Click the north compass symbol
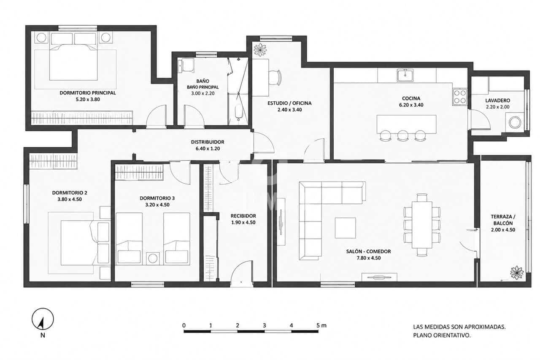point(43,319)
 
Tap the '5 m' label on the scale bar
point(321,325)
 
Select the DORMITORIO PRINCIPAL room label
point(88,93)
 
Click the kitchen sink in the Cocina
point(405,75)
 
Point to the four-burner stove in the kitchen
point(459,97)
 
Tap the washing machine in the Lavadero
point(515,122)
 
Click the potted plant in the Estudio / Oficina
point(260,49)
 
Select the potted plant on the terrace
point(517,273)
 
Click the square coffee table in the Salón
point(345,228)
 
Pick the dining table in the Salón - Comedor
point(422,225)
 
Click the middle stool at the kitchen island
point(402,135)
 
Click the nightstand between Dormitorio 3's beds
point(153,258)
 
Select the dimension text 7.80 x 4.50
point(369,258)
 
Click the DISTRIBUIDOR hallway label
point(208,142)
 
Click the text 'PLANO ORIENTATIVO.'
point(442,336)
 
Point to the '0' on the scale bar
point(184,325)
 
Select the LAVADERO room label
point(497,100)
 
